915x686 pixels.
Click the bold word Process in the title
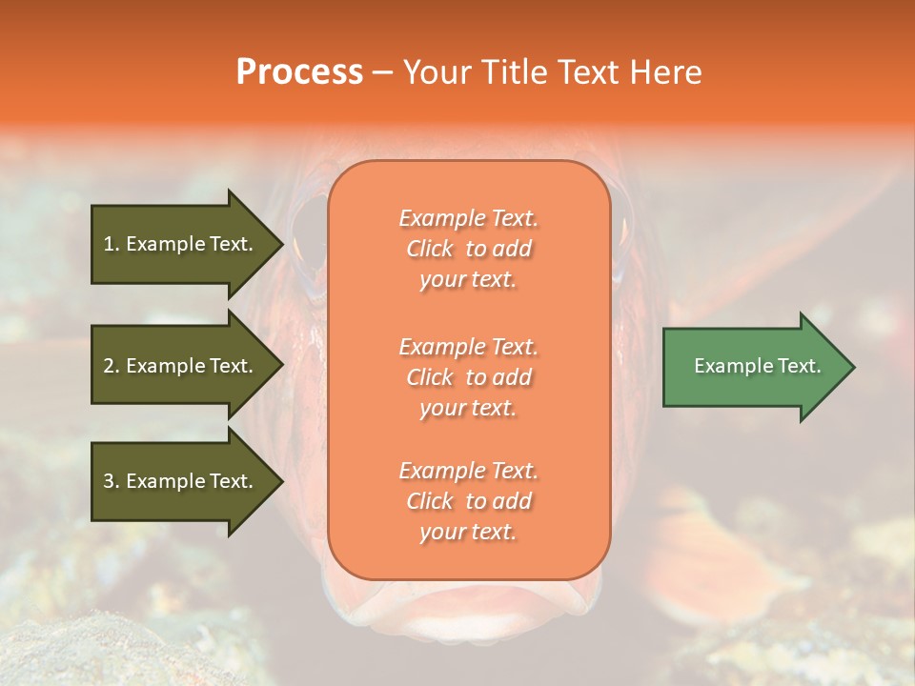click(299, 72)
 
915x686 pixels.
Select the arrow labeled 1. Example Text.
click(181, 244)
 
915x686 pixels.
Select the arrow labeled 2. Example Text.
click(181, 366)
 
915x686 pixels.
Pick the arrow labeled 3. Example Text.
click(181, 481)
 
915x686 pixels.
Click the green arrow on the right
click(753, 367)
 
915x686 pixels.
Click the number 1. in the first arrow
click(112, 244)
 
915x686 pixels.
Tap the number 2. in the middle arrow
click(112, 366)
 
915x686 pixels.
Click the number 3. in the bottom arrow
click(112, 481)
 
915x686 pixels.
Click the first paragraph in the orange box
click(468, 249)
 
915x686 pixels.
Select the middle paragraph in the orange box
click(468, 377)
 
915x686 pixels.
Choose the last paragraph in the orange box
click(468, 501)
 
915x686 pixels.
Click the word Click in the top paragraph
click(430, 249)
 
